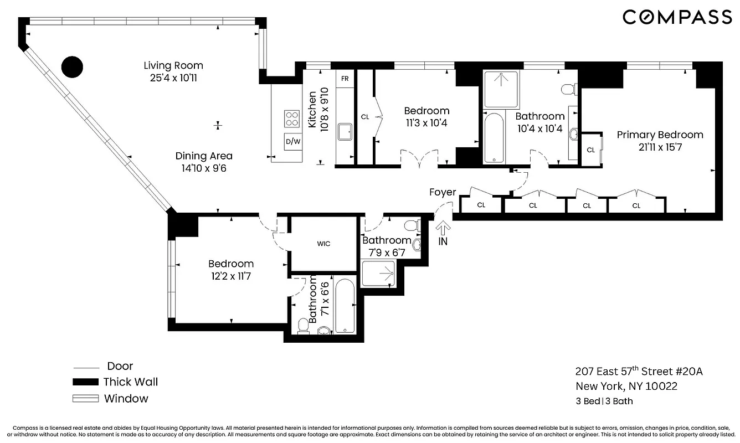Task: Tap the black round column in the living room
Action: [x=71, y=67]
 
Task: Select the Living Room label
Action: [x=173, y=65]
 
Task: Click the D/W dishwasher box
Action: [x=292, y=141]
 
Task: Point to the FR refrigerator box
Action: [x=345, y=79]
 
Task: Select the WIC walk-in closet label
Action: [x=324, y=244]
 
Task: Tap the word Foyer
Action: [x=443, y=192]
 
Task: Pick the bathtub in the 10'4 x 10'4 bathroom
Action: [x=494, y=138]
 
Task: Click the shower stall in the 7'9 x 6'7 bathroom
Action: [x=378, y=273]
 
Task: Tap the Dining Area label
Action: [x=204, y=156]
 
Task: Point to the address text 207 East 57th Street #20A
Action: [x=639, y=372]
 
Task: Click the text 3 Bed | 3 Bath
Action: [x=604, y=401]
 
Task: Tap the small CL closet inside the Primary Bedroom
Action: [x=591, y=150]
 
